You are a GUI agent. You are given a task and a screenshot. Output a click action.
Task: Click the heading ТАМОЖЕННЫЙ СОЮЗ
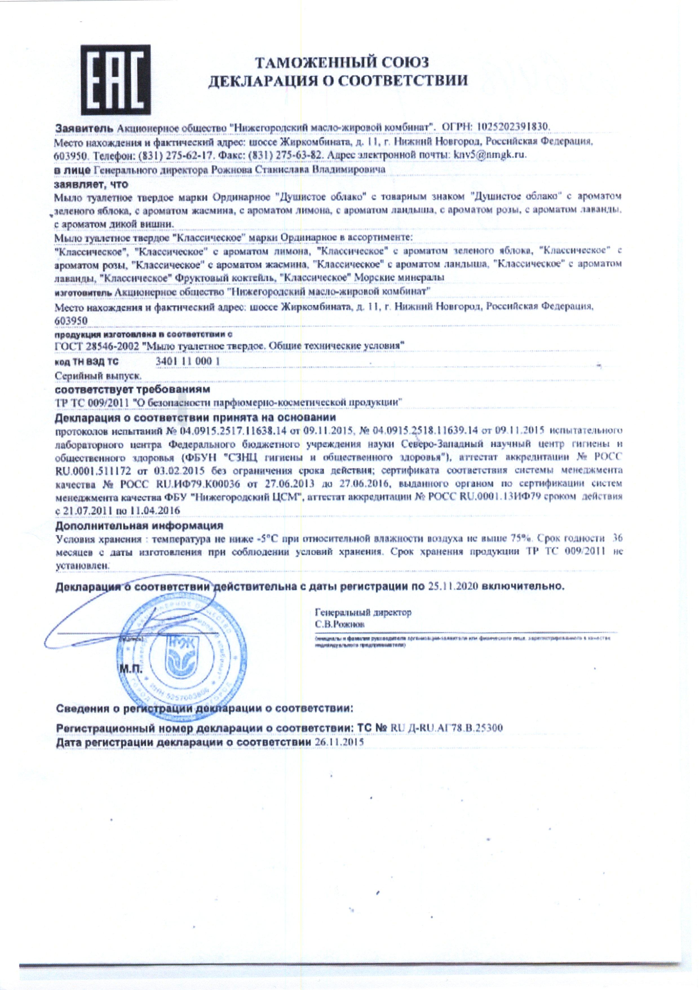(x=342, y=63)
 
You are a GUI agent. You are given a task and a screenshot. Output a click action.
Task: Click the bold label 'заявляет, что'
(x=91, y=184)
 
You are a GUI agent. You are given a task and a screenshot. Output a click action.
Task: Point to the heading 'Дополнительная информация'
(x=140, y=526)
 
